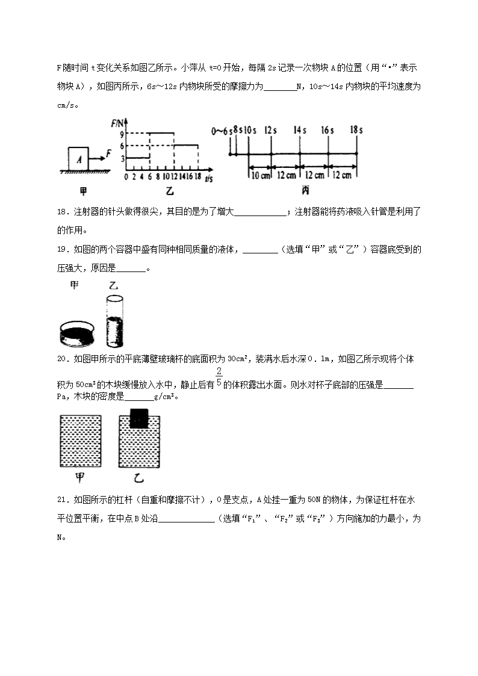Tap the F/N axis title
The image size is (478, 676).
pos(117,123)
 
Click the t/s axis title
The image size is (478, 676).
pos(209,179)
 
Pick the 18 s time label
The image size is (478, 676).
pos(356,129)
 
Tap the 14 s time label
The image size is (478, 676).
pos(299,129)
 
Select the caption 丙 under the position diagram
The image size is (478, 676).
pos(305,191)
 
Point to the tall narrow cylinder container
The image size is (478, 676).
pos(114,322)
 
